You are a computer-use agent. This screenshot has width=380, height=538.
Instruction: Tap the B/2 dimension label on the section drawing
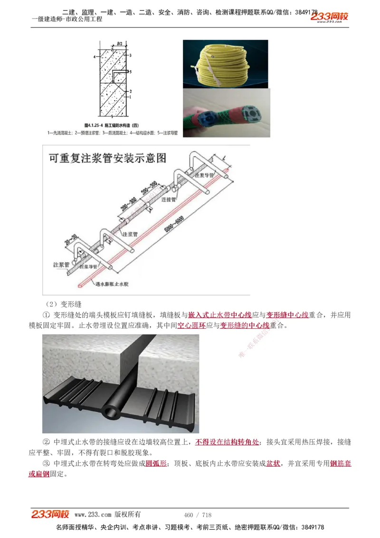[x=120, y=44]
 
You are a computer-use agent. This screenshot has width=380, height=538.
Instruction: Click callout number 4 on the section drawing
[x=95, y=56]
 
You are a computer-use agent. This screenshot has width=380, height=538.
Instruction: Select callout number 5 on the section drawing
[x=131, y=72]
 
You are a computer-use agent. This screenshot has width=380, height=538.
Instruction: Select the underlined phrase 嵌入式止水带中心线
[x=220, y=315]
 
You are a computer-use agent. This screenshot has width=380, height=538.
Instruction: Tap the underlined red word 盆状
[x=273, y=463]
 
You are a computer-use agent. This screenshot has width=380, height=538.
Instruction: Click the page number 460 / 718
[x=198, y=515]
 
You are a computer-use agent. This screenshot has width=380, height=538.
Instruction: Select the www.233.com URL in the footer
[x=93, y=515]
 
